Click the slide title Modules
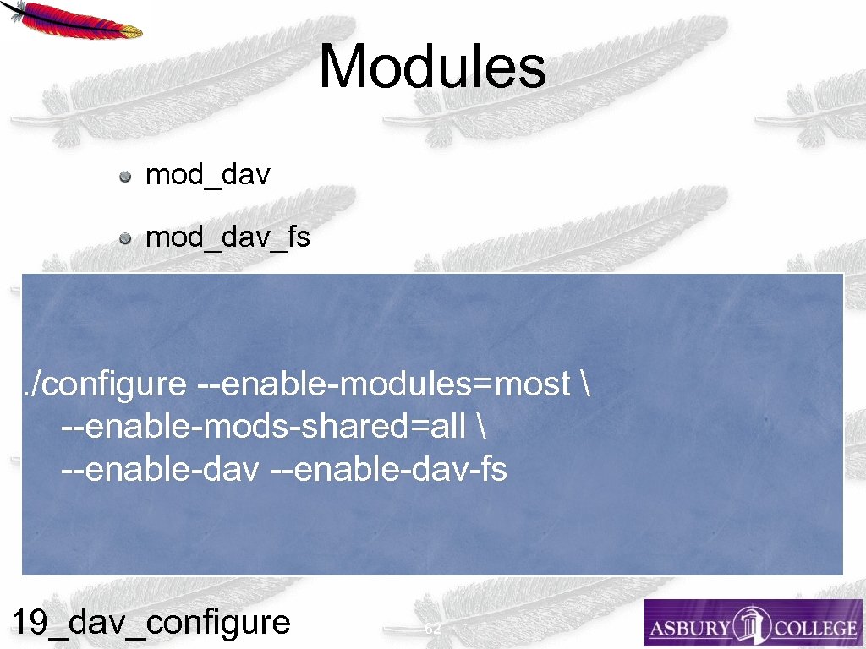click(432, 68)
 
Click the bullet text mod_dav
click(208, 175)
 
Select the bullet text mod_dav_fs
click(227, 237)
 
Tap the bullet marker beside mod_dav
click(125, 177)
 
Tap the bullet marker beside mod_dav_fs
click(125, 239)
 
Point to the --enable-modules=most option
click(383, 384)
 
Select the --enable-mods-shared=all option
click(263, 427)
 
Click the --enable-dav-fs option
click(388, 469)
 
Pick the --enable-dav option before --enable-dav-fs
click(159, 469)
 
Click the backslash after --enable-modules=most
click(585, 384)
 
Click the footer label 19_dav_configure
click(151, 623)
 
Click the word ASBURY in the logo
click(690, 629)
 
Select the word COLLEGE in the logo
click(811, 629)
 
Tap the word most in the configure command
click(532, 384)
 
